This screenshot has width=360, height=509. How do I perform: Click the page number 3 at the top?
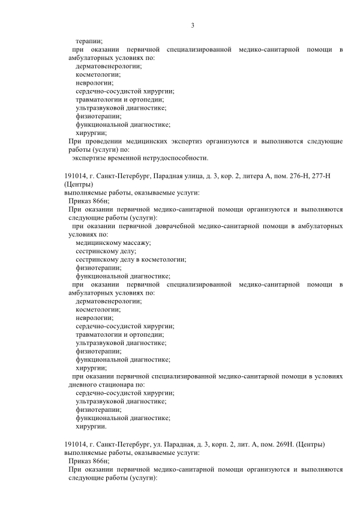pyautogui.click(x=192, y=25)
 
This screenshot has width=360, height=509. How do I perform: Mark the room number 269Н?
pyautogui.click(x=284, y=444)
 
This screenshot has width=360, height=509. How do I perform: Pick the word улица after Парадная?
pyautogui.click(x=183, y=176)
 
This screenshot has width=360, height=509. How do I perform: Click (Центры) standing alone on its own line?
pyautogui.click(x=77, y=184)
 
